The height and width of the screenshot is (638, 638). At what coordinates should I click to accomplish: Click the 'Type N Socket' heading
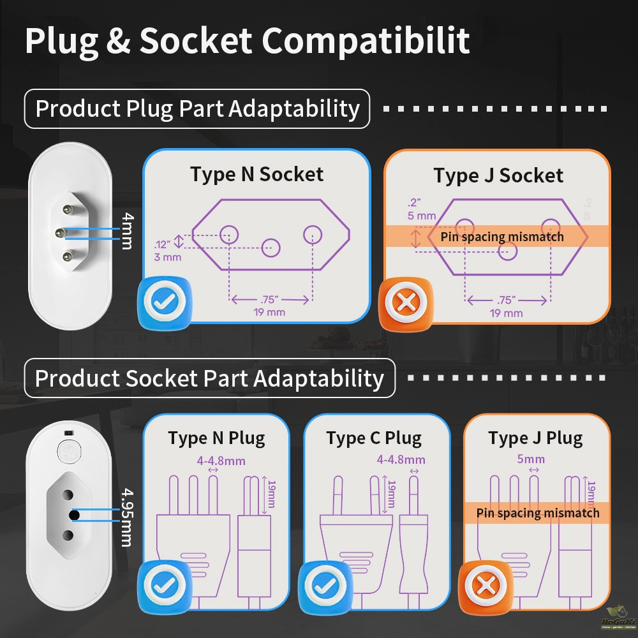[256, 174]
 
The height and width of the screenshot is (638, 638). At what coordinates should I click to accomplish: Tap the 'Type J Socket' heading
[498, 175]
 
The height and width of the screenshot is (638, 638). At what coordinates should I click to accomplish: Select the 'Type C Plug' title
[374, 438]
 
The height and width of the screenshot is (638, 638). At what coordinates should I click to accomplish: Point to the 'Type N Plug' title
[216, 438]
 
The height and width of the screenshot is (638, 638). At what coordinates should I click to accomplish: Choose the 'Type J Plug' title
[535, 438]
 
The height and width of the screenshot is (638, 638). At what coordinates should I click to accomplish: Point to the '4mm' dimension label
[128, 232]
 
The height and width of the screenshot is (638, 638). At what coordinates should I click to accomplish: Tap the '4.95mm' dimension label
[127, 517]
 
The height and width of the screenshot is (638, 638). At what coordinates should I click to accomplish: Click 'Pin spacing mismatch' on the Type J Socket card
[502, 237]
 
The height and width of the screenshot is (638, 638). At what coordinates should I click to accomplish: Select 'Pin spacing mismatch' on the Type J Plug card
[538, 513]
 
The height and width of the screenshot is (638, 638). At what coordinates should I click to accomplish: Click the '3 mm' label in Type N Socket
[167, 257]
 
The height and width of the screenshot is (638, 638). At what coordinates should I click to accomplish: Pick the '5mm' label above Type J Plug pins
[530, 459]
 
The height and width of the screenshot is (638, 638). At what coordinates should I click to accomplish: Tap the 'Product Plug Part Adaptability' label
[197, 108]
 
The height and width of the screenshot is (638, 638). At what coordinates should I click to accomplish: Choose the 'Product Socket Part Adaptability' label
[209, 378]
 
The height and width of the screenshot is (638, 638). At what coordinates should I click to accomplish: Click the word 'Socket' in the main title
[195, 40]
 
